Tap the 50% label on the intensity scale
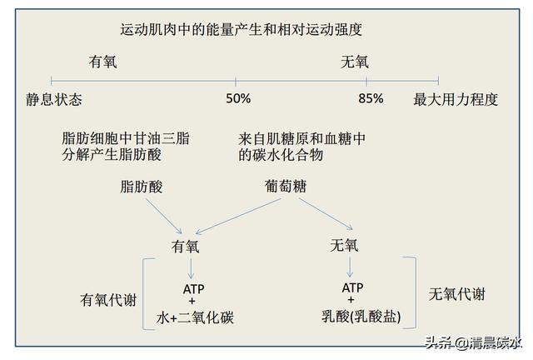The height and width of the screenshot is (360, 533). (237, 99)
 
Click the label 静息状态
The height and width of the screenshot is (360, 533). (53, 99)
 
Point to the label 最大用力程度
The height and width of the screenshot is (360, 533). (456, 99)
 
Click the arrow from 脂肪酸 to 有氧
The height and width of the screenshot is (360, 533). (163, 214)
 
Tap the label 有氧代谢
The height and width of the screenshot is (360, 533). (108, 299)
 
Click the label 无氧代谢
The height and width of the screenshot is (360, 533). (457, 294)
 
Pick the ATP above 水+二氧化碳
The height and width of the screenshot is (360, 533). (192, 288)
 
